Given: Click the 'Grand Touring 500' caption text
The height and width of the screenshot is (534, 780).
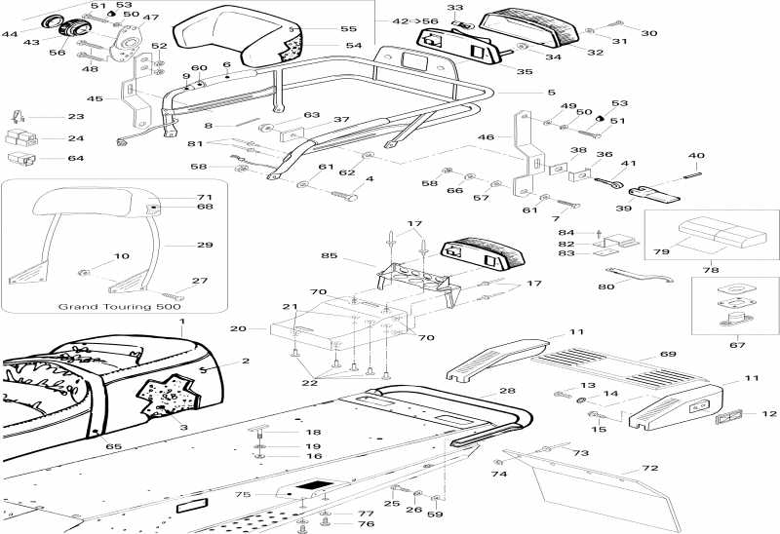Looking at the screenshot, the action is pyautogui.click(x=119, y=306).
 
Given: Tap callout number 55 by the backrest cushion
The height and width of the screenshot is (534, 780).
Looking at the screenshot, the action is pyautogui.click(x=349, y=29).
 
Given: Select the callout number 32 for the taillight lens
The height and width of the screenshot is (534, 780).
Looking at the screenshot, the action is pyautogui.click(x=595, y=52).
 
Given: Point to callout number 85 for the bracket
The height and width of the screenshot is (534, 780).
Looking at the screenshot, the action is pyautogui.click(x=329, y=255).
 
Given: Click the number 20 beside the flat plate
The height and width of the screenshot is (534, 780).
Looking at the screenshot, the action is pyautogui.click(x=238, y=328).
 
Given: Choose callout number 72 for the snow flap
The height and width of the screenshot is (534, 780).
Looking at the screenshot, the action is pyautogui.click(x=650, y=468).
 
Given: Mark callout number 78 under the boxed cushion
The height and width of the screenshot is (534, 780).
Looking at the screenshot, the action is pyautogui.click(x=711, y=270).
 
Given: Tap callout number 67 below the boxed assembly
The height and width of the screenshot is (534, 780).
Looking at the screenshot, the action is pyautogui.click(x=737, y=345).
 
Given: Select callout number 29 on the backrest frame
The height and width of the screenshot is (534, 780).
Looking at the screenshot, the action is pyautogui.click(x=205, y=245).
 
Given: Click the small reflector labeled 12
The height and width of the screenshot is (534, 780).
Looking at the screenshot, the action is pyautogui.click(x=728, y=417).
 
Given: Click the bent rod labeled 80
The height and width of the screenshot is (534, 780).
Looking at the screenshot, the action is pyautogui.click(x=640, y=275).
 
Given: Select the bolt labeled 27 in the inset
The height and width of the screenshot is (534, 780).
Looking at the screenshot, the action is pyautogui.click(x=173, y=295).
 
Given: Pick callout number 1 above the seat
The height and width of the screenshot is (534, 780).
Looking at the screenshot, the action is pyautogui.click(x=182, y=322).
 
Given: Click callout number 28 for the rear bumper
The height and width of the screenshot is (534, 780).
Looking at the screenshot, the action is pyautogui.click(x=507, y=391).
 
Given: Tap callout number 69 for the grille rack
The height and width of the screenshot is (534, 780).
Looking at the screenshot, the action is pyautogui.click(x=668, y=354).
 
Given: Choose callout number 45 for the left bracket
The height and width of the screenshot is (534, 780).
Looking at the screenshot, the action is pyautogui.click(x=95, y=98).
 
